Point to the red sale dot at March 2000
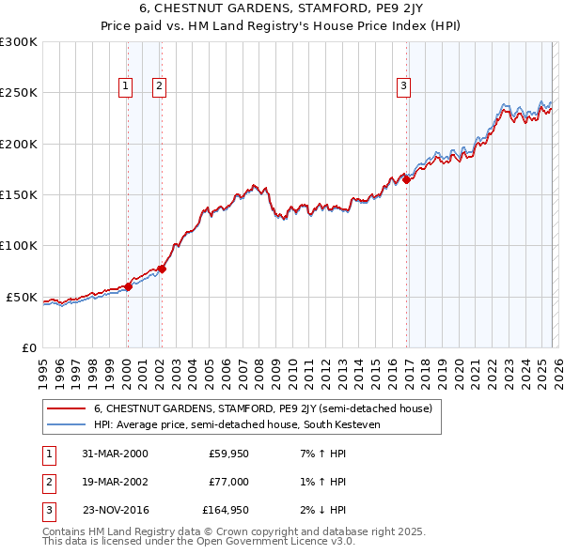[128, 287]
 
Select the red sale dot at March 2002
[161, 269]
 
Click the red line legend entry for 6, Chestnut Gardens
[262, 409]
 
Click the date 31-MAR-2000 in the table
[115, 454]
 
